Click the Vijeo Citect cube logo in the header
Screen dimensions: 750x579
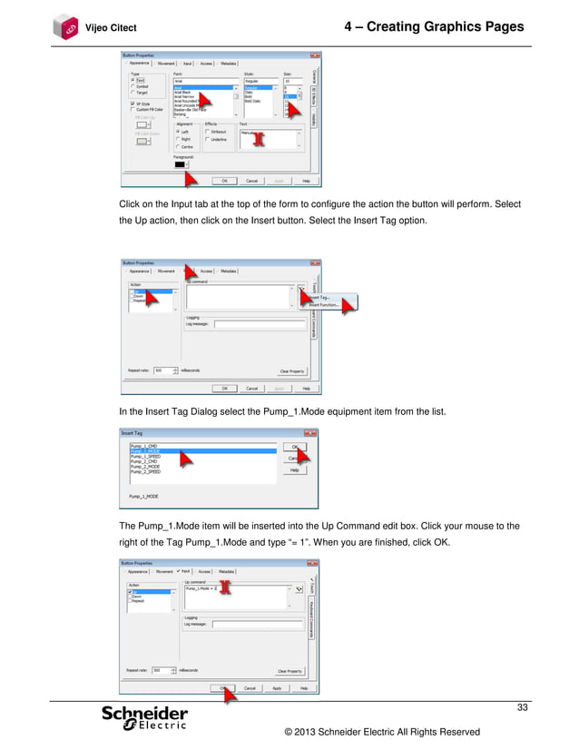[x=64, y=26]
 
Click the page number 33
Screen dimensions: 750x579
[x=522, y=707]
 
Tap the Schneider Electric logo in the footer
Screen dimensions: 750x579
[x=145, y=718]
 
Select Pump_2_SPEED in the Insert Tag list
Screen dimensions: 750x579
[x=145, y=472]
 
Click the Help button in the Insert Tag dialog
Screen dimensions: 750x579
[x=294, y=470]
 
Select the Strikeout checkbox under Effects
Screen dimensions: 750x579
[x=207, y=131]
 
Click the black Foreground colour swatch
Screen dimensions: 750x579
[x=180, y=163]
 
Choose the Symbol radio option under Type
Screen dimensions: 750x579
[x=133, y=85]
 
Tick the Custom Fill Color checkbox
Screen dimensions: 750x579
[x=133, y=109]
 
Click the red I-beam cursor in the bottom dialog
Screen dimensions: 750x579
[x=227, y=587]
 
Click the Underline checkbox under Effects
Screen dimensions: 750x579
[x=207, y=139]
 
